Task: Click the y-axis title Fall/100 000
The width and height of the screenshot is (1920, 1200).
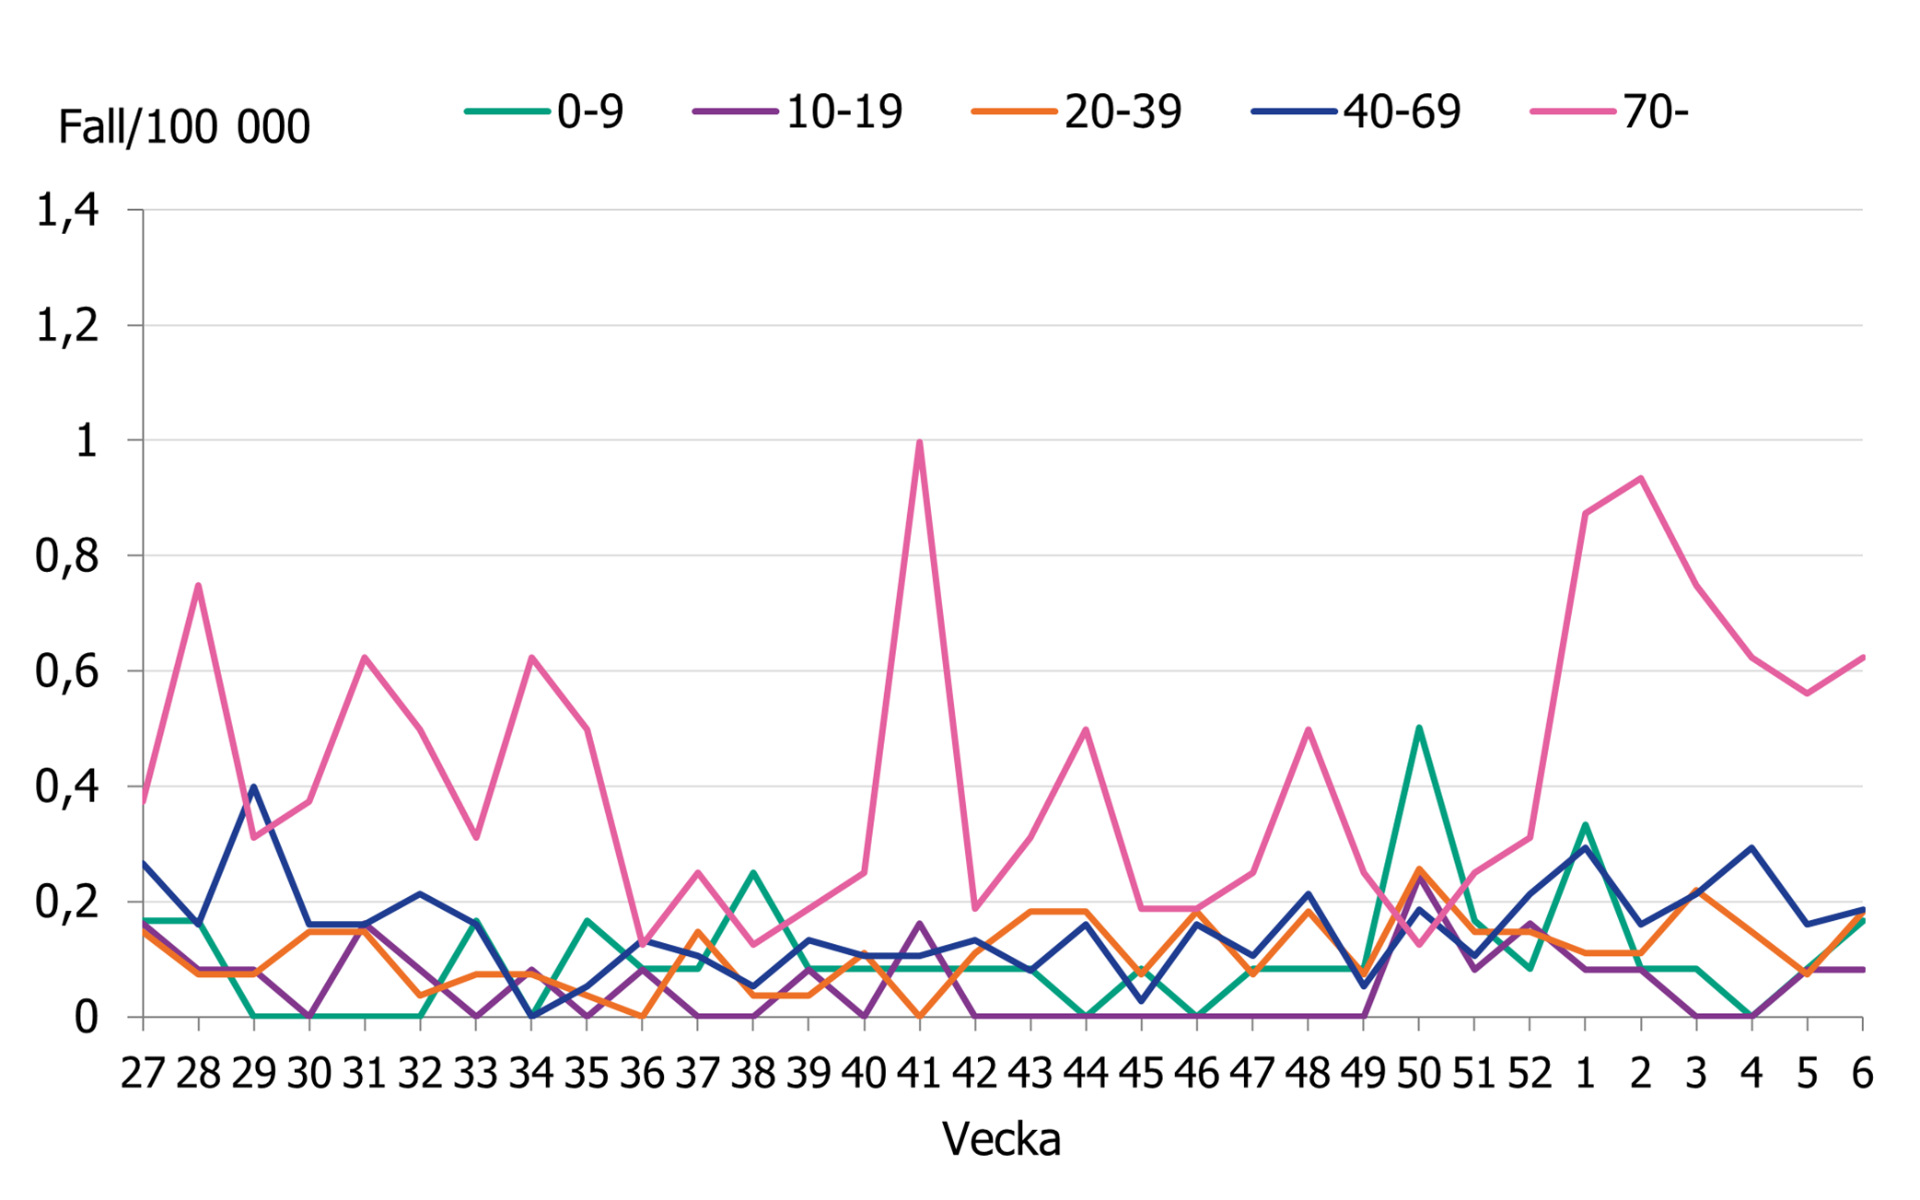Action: coord(184,127)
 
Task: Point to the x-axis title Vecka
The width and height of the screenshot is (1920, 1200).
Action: coord(1001,1140)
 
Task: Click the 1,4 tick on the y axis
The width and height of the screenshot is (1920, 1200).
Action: coord(67,211)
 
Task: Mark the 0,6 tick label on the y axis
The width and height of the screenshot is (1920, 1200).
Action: coord(67,671)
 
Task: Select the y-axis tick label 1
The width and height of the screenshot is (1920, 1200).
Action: coord(86,441)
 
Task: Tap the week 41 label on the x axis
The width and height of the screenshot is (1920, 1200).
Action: coord(919,1074)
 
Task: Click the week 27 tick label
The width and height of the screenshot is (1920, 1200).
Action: coord(143,1074)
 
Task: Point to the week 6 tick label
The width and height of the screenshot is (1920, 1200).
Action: coord(1862,1074)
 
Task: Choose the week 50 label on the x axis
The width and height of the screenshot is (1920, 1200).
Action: coord(1418,1074)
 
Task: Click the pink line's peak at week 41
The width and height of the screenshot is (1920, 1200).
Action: coord(920,442)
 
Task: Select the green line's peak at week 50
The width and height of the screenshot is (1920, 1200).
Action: coord(1419,728)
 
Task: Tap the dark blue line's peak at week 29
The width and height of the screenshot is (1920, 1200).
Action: coord(253,786)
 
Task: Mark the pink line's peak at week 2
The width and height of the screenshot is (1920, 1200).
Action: coord(1641,478)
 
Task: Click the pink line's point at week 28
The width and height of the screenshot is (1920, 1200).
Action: coord(198,585)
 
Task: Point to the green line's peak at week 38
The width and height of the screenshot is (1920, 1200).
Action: coord(753,872)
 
